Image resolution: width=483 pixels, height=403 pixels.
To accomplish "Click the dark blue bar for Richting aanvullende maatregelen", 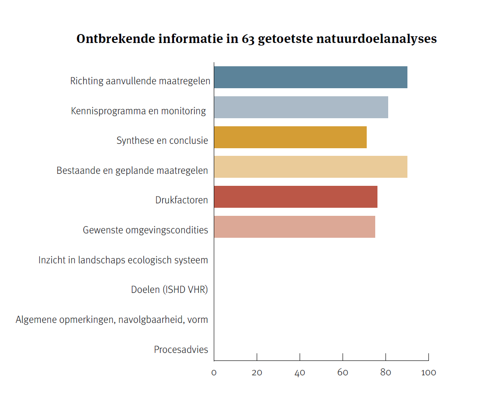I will (x=310, y=77).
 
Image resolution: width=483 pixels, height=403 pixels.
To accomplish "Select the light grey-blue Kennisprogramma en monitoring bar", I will (x=301, y=107).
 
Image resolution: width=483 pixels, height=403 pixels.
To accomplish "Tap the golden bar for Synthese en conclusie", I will (x=290, y=137).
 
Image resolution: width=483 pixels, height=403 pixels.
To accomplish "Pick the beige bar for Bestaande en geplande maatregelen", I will (x=310, y=167).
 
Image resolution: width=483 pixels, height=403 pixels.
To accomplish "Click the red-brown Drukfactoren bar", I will (x=296, y=197).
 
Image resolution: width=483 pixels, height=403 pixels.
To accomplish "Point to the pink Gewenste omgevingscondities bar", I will (x=294, y=227).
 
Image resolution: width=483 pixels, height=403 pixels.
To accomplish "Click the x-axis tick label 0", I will (x=214, y=373).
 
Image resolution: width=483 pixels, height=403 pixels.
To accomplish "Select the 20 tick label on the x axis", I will (x=257, y=373).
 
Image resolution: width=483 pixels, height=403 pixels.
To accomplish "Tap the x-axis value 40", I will (x=300, y=373).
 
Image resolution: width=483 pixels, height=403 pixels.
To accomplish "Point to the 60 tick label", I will (x=343, y=373).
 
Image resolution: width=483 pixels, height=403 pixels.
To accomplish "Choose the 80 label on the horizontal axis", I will (x=386, y=373).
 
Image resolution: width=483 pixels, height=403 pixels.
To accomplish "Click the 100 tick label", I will (x=428, y=373).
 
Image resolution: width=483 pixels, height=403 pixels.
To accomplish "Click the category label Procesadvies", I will (x=181, y=350).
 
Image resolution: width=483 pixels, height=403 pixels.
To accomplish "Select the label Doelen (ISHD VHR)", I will (x=169, y=290).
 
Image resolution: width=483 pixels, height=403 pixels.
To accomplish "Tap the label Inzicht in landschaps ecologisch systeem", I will (x=123, y=260).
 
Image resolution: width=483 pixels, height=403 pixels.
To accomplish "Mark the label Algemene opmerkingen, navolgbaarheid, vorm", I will (x=112, y=320).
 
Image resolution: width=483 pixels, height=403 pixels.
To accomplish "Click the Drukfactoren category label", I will (x=182, y=200).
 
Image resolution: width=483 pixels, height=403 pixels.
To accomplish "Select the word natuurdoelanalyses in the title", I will (x=377, y=39).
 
